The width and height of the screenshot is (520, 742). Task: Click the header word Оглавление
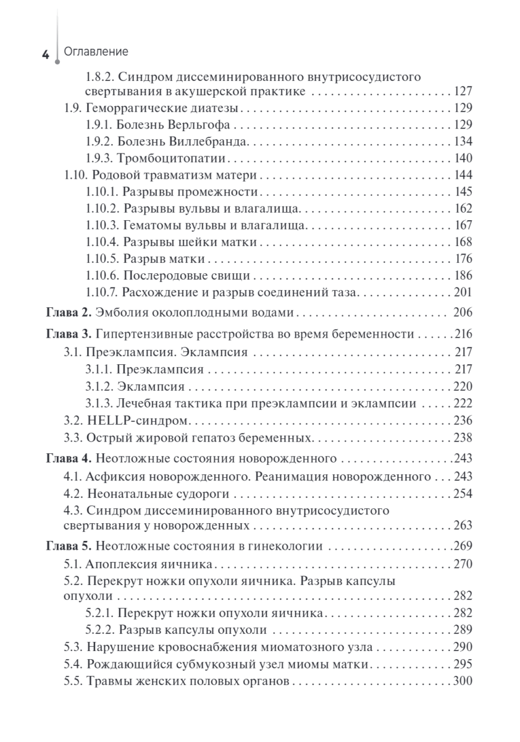92,53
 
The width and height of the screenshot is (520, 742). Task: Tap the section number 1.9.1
99,125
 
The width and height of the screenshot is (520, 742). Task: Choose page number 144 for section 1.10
463,174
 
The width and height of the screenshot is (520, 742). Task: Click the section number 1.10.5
101,258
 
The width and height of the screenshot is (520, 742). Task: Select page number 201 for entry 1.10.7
463,291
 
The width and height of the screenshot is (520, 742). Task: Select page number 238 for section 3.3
463,438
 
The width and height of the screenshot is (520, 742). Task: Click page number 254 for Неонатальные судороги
463,493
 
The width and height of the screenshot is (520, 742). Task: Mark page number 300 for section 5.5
463,681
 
